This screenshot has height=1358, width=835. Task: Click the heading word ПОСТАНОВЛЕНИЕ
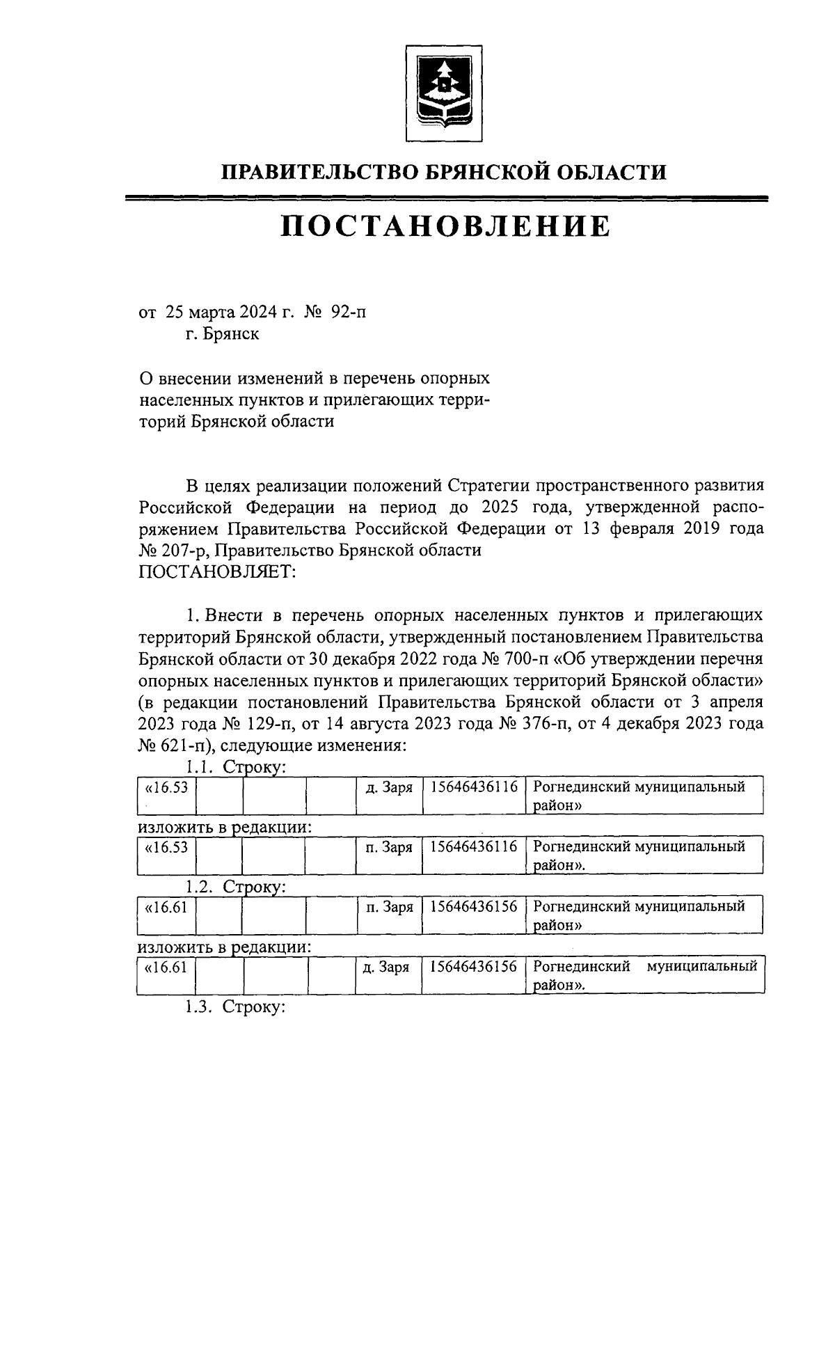(x=445, y=226)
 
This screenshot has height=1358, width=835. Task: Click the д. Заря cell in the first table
(x=389, y=787)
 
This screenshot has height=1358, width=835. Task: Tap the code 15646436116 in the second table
(x=474, y=847)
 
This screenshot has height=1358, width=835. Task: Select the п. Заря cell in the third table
(x=389, y=907)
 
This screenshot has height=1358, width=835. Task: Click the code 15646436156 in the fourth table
(x=474, y=967)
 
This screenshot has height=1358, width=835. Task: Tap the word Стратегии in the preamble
(x=490, y=485)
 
